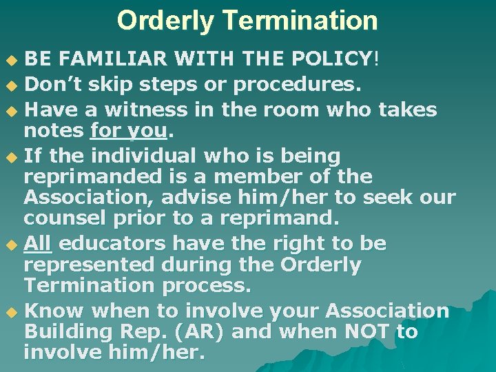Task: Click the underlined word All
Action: click(39, 243)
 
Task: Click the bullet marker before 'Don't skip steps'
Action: click(10, 85)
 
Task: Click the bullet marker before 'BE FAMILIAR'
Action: click(10, 61)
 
